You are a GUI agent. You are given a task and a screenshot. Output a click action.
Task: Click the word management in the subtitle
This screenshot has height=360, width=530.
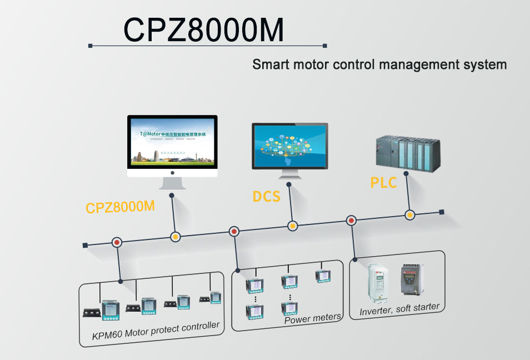tap(418, 64)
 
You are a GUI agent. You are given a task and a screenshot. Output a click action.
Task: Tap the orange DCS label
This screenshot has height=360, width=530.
tap(266, 196)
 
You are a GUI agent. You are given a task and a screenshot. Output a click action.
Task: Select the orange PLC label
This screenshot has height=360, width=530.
tap(383, 182)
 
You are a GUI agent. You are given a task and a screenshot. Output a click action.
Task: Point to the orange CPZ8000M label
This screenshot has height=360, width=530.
tap(120, 207)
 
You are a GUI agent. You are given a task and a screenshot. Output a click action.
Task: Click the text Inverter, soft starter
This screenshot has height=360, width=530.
tap(399, 309)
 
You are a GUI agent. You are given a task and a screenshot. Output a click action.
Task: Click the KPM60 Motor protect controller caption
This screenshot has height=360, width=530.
tap(156, 331)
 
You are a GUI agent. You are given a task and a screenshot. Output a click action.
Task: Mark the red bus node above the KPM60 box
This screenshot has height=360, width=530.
tap(117, 242)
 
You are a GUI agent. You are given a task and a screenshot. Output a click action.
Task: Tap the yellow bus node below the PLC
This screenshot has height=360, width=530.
tap(409, 214)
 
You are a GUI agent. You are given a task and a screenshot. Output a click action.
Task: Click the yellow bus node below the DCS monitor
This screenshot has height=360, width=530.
tap(292, 226)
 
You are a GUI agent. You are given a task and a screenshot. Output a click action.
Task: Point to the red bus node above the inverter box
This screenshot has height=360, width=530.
tap(351, 220)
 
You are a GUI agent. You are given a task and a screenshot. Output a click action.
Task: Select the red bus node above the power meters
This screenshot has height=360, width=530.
tap(234, 231)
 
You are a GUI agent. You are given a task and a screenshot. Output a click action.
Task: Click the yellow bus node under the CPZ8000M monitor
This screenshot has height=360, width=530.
tap(175, 237)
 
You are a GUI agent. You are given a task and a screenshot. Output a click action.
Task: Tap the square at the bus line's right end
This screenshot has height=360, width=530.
tap(442, 212)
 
